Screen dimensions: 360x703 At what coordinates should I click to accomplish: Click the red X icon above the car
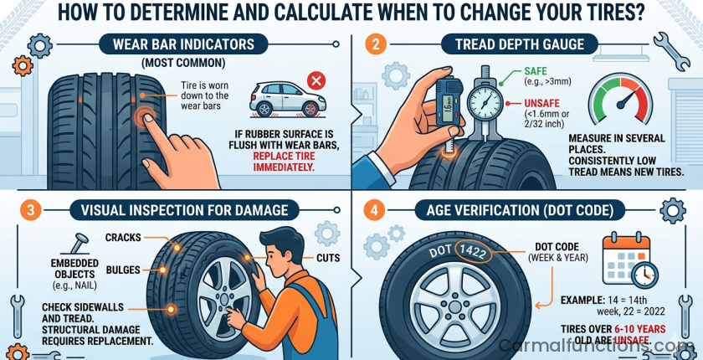(316, 81)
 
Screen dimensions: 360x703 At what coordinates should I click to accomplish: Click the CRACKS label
(123, 238)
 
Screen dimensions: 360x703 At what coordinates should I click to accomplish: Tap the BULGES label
(122, 270)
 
